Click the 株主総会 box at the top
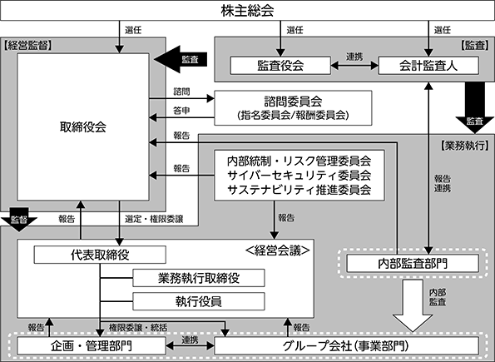pos(248,11)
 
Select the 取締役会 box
pos(83,127)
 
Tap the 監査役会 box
pos(280,66)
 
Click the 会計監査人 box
pos(428,66)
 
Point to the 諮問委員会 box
pos(293,108)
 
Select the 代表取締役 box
pos(100,255)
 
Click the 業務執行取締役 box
pos(199,278)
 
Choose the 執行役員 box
pos(199,301)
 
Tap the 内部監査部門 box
pos(413,264)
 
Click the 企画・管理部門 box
pos(92,346)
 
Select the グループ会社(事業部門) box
pos(346,346)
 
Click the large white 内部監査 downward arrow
pos(413,305)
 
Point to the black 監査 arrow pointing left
pos(181,59)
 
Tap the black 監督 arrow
pos(19,220)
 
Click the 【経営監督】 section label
pos(27,46)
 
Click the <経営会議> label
pos(278,250)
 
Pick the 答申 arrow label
pos(181,111)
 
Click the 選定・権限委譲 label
pos(154,219)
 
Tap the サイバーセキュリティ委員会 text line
pos(299,176)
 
